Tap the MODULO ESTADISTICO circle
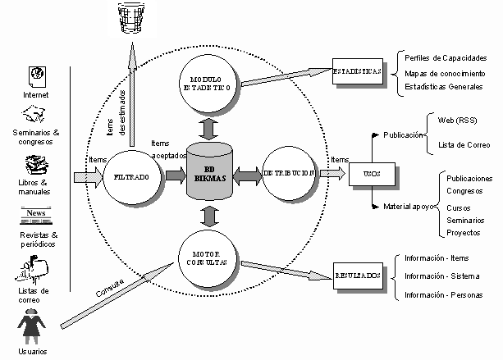208,85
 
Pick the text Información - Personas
443,294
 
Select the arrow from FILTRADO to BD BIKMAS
174,175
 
